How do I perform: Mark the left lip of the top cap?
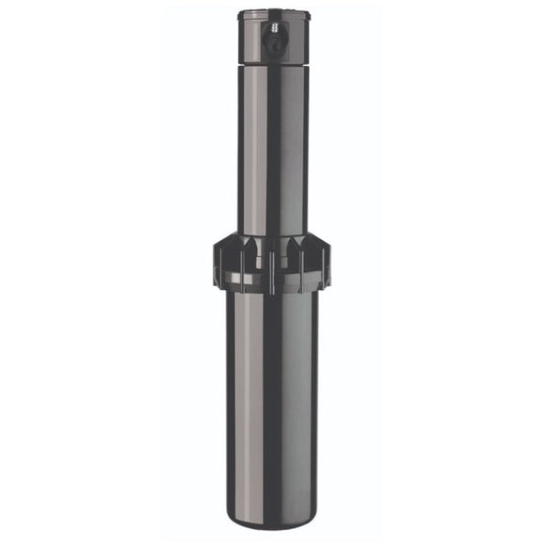tap(240, 16)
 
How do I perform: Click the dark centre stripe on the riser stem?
tap(271, 151)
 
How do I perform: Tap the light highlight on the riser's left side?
tap(249, 151)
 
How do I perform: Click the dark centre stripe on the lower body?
tap(271, 405)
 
